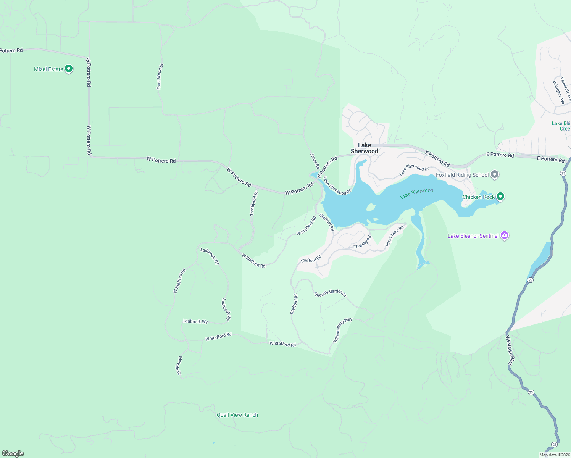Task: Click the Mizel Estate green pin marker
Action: (x=69, y=69)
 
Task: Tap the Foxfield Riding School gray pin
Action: (x=495, y=175)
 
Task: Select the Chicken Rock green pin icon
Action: (x=500, y=197)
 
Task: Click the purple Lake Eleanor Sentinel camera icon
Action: (x=505, y=235)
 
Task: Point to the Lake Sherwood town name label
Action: (x=365, y=148)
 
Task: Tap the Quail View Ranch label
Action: (x=237, y=415)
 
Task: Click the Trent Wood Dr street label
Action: (x=160, y=77)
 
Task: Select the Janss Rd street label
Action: (x=315, y=161)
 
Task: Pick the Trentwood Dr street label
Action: (x=254, y=203)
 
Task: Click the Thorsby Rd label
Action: (x=363, y=242)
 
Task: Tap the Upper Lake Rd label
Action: (x=394, y=236)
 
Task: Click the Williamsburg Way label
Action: (x=342, y=330)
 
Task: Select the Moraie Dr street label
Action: (x=179, y=366)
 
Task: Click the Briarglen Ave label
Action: (x=559, y=92)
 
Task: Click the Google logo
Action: (x=13, y=453)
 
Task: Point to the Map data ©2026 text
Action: (x=554, y=455)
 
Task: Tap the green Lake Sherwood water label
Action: (x=417, y=194)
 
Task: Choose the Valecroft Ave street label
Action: (x=566, y=89)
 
